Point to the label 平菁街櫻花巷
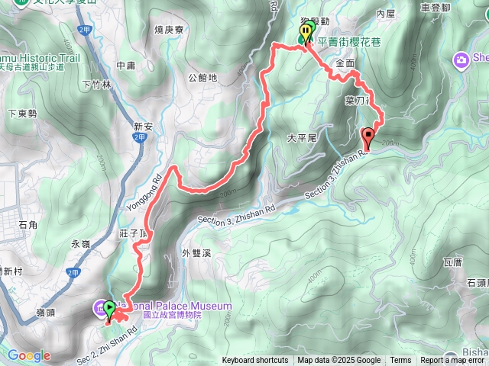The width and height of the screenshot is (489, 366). [x=349, y=43]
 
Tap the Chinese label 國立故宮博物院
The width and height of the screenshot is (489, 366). [x=172, y=314]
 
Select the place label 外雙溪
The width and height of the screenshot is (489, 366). [x=196, y=252]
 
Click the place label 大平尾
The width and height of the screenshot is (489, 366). [x=301, y=138]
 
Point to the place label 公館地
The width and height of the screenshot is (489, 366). [x=202, y=77]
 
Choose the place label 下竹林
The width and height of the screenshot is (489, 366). [x=96, y=84]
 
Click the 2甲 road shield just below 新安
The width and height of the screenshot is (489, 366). [x=138, y=138]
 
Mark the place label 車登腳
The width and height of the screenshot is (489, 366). [x=436, y=7]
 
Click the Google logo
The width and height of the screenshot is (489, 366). [x=29, y=355]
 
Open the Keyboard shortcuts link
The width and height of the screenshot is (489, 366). [x=256, y=361]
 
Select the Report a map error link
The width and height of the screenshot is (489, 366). [x=454, y=361]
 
